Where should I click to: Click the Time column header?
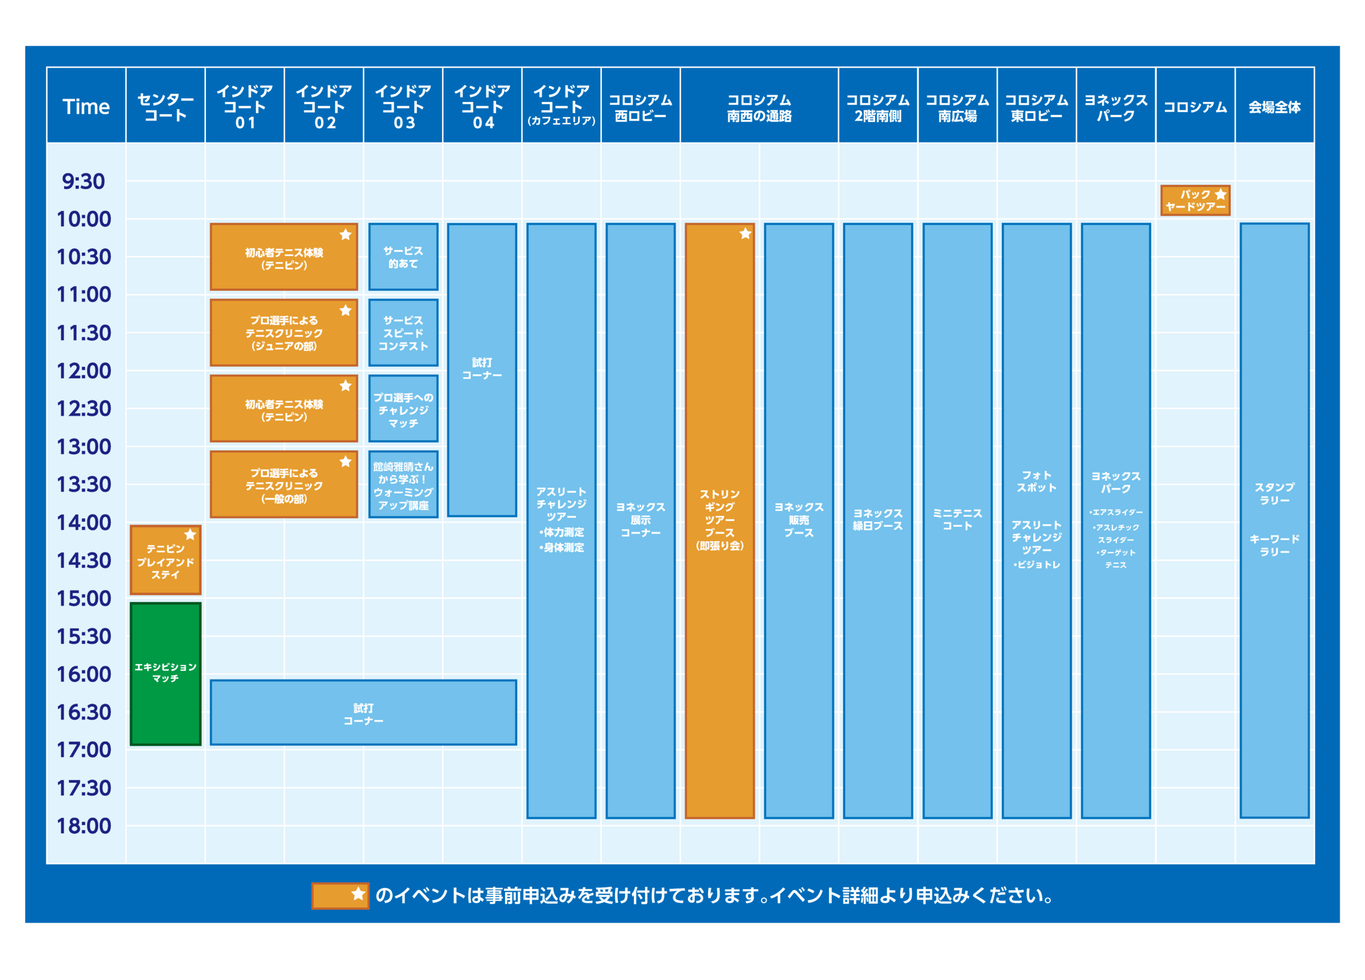(86, 106)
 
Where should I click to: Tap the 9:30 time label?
(84, 181)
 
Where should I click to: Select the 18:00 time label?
(84, 825)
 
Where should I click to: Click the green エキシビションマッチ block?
(165, 674)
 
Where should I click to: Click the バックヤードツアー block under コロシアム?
(1195, 201)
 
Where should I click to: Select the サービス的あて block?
(403, 257)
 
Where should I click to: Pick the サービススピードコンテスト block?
(403, 333)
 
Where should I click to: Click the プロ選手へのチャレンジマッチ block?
(403, 409)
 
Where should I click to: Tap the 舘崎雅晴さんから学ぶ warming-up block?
(403, 485)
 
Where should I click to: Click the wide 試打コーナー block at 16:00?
(363, 713)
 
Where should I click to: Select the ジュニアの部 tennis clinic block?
(284, 333)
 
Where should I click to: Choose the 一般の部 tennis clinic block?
(284, 485)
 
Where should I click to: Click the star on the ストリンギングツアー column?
(745, 234)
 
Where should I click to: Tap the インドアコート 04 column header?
(482, 106)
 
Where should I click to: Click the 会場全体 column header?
(1274, 107)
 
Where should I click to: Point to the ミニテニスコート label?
(957, 519)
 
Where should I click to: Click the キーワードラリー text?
(1274, 545)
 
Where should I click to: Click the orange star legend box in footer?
(340, 896)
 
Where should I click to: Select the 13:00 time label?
(84, 447)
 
